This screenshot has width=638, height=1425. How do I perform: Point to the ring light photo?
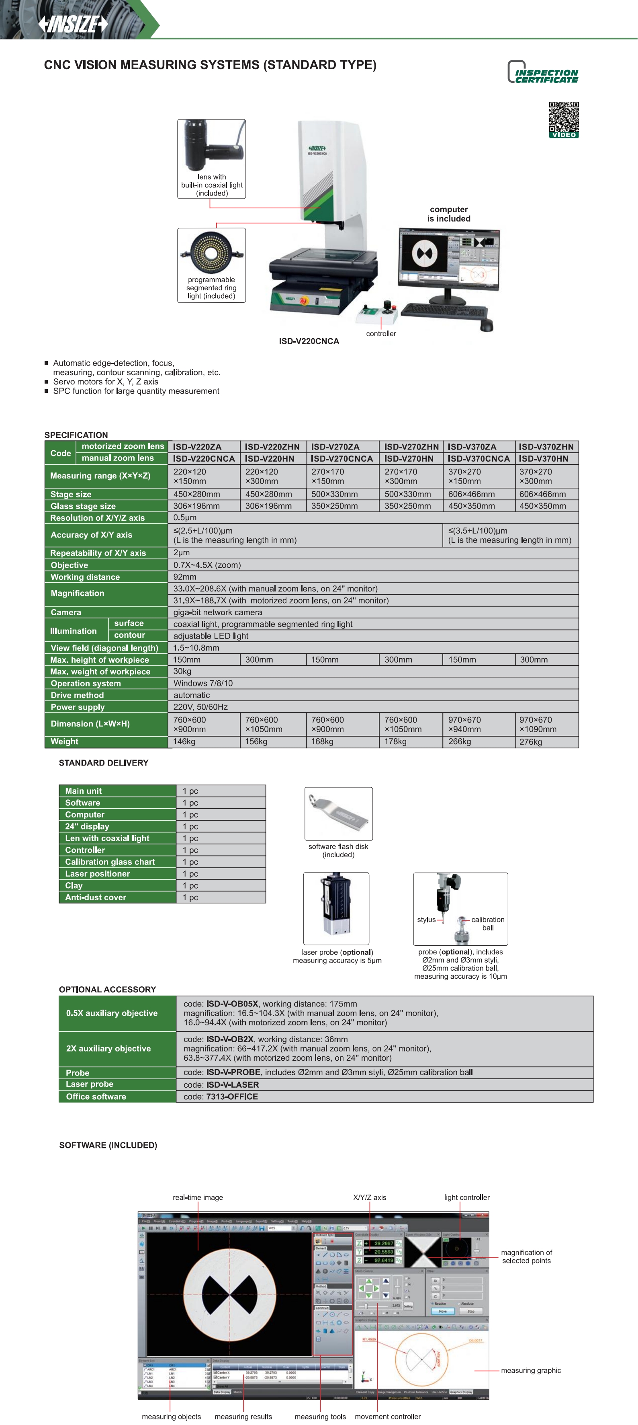click(x=211, y=253)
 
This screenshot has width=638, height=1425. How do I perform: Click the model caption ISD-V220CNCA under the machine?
click(x=309, y=341)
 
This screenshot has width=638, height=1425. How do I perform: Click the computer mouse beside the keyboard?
click(x=486, y=326)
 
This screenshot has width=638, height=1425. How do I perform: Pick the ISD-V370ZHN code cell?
click(x=546, y=446)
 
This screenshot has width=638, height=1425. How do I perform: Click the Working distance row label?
click(x=85, y=577)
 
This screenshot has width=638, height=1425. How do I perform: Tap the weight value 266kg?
click(x=460, y=741)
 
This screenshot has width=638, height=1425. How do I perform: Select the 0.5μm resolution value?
click(x=185, y=518)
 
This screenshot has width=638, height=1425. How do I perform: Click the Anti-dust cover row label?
click(x=96, y=897)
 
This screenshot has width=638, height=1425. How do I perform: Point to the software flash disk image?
click(x=338, y=813)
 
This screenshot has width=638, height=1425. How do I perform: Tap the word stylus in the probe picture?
click(x=426, y=920)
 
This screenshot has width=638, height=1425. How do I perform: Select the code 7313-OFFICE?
click(x=232, y=1096)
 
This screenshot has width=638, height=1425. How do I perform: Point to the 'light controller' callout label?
click(x=466, y=1197)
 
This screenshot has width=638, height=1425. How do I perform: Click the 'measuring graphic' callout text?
click(x=531, y=1370)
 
